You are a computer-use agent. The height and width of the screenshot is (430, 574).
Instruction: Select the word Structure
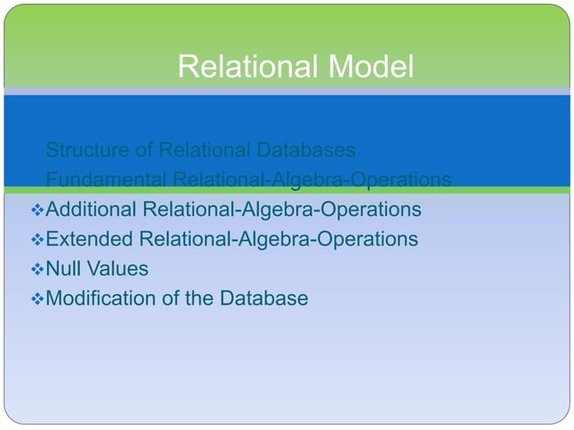coord(87,148)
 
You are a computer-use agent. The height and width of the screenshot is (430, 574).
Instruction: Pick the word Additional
coord(91,210)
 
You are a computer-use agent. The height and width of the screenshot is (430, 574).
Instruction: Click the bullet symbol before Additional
coord(37,211)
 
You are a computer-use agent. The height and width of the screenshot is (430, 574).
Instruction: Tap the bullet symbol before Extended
coord(37,240)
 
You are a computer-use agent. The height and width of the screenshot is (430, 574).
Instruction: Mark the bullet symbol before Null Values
coord(37,269)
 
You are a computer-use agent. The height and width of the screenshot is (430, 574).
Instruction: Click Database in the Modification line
coord(268,298)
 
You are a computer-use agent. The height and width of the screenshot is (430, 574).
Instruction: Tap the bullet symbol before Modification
coord(37,299)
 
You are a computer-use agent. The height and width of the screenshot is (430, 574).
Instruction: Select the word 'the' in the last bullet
coord(206,298)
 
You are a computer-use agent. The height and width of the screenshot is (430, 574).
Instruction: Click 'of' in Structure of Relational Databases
coord(142,148)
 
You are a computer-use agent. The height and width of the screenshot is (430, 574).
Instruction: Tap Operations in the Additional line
coord(372,210)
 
